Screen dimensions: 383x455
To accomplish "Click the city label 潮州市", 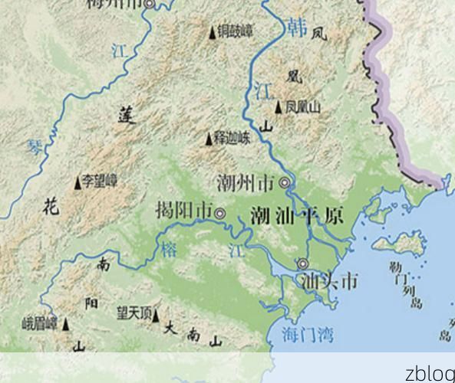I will point(246,183).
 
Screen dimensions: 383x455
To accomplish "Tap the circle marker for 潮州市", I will point(285,182).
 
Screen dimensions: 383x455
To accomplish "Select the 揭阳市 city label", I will point(183,209).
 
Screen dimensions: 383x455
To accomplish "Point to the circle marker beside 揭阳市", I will point(220,214).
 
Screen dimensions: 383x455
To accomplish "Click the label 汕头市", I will point(328,281).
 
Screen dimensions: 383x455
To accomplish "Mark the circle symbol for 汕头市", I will point(302,264).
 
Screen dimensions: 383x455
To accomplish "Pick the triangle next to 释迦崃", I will point(208,139).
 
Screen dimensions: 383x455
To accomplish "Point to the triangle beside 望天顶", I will point(156,314).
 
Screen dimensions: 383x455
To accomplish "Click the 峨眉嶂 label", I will point(40,322).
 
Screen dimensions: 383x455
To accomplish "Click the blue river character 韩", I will point(297,28).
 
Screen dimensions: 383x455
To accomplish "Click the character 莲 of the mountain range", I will point(127,116).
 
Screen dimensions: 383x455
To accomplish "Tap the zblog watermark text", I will point(429,373).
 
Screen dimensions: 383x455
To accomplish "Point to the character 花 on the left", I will point(51,205).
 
